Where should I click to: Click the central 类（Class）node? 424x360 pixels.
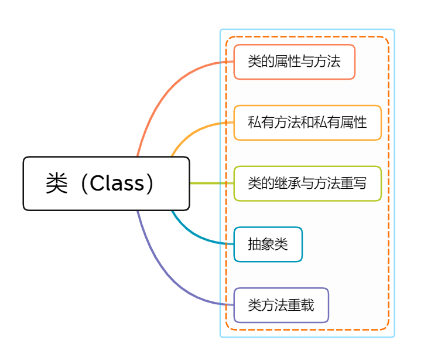(x=106, y=184)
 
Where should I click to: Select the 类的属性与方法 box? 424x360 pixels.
(x=294, y=62)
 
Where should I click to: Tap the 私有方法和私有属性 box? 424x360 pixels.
(x=307, y=123)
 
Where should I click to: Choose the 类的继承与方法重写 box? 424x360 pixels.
(x=307, y=184)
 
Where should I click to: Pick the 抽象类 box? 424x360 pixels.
(x=268, y=244)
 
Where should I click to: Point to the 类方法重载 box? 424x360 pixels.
(x=281, y=305)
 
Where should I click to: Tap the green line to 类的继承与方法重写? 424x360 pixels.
(x=211, y=184)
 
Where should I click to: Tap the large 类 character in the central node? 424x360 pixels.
(x=57, y=184)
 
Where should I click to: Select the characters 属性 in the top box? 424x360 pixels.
(x=287, y=62)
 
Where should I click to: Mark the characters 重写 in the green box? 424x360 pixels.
(x=353, y=184)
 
